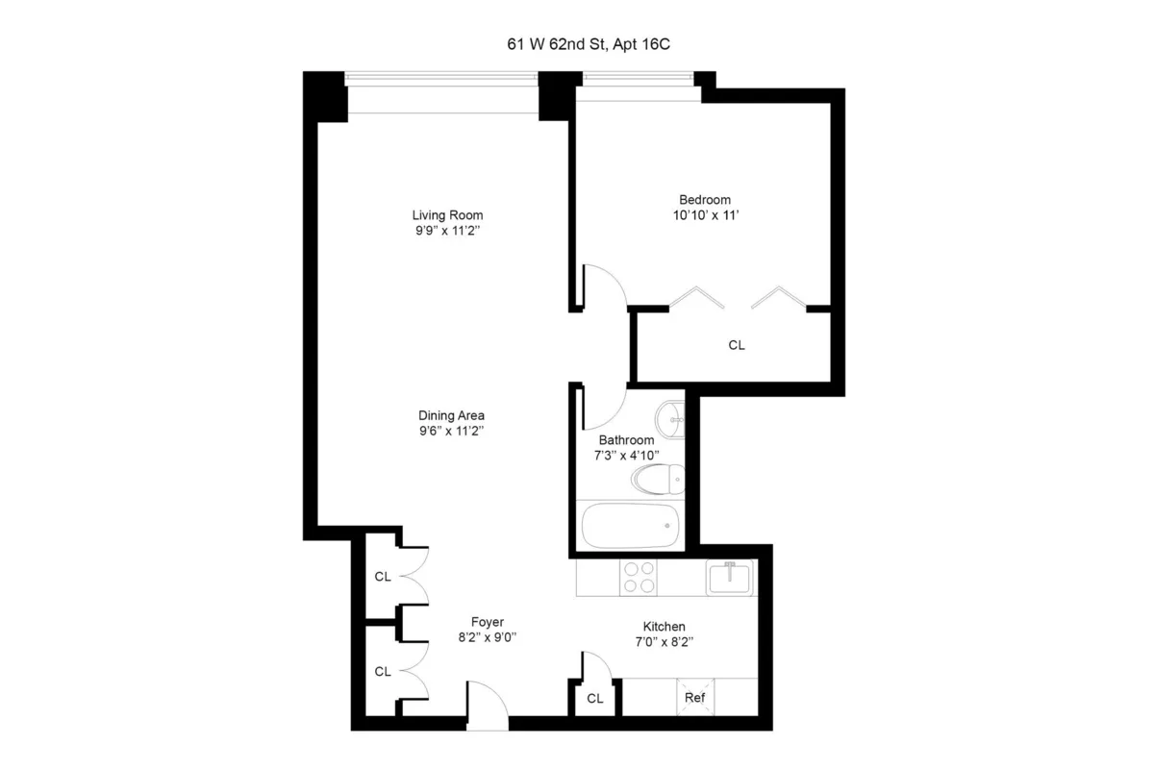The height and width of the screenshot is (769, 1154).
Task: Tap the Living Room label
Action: tap(447, 214)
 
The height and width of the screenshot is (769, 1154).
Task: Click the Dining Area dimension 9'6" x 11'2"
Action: tap(444, 432)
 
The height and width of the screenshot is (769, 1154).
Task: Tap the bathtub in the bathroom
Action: tap(631, 526)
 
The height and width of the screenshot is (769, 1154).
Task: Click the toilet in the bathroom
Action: tap(658, 476)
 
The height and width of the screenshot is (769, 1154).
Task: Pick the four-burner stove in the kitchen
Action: tap(639, 577)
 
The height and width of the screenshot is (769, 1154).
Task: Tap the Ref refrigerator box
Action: tap(694, 697)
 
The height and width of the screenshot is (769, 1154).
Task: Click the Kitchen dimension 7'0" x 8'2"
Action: tap(664, 641)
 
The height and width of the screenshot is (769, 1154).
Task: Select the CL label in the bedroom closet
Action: tap(737, 344)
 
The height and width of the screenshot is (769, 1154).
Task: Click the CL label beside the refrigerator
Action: tap(594, 699)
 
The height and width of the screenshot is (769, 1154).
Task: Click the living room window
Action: tap(442, 92)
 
